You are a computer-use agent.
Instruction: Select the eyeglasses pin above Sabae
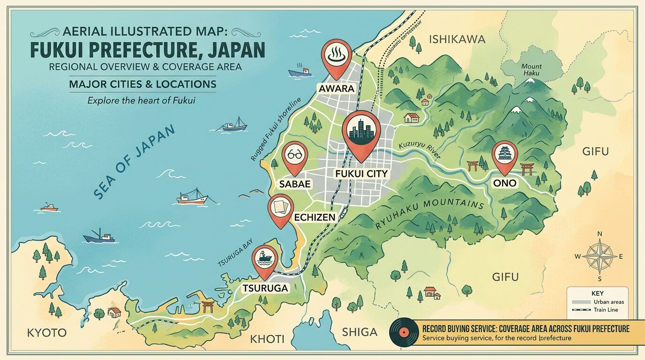[x=295, y=156]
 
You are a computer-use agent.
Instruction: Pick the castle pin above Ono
[x=505, y=155]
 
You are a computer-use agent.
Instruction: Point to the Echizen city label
[x=315, y=217]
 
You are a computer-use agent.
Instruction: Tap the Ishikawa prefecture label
[x=457, y=39]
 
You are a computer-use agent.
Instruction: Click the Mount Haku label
[x=531, y=70]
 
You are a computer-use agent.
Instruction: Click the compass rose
[x=600, y=255]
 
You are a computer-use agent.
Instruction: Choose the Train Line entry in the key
[x=605, y=310]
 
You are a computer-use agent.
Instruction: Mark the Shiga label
[x=360, y=332]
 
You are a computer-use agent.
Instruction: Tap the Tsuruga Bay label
[x=236, y=257]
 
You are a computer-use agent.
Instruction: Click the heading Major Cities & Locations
[x=142, y=84]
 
